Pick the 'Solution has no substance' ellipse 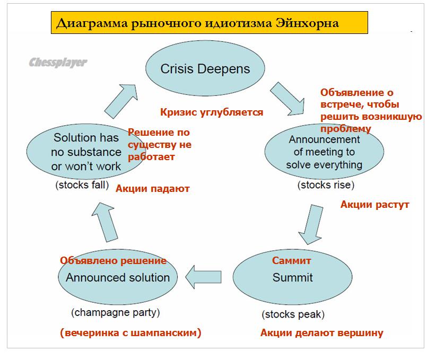click(85, 152)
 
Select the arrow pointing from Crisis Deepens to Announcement click(286, 96)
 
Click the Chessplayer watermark click(58, 63)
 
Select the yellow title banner click(210, 23)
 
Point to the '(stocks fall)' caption click(82, 186)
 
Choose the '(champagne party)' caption click(115, 312)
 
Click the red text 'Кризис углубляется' click(212, 112)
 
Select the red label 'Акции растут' click(374, 205)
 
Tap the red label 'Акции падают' click(152, 188)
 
